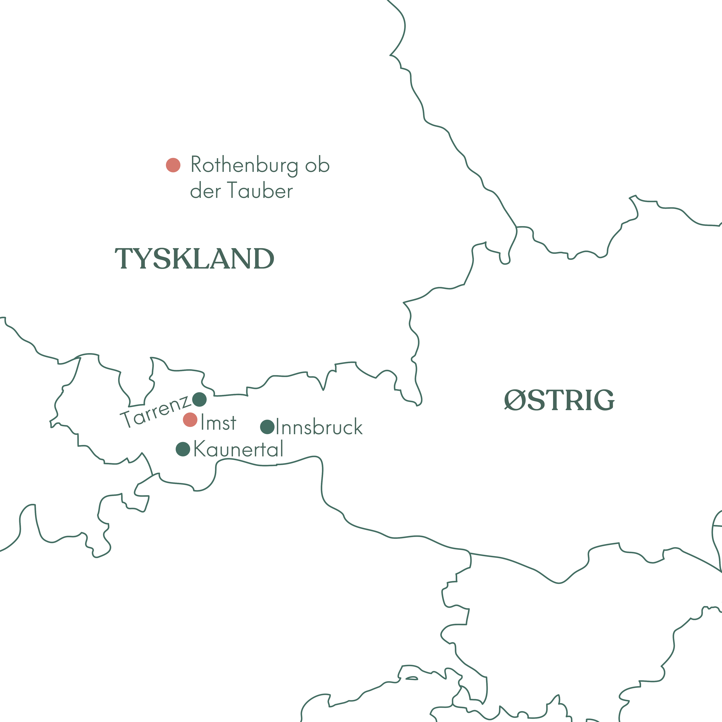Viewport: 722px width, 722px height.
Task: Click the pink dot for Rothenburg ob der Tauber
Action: (173, 165)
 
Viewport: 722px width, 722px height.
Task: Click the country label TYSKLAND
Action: (194, 259)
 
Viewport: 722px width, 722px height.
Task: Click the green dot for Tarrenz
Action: (199, 399)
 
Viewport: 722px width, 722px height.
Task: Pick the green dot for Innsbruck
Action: (267, 427)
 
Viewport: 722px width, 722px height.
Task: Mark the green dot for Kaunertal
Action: (183, 449)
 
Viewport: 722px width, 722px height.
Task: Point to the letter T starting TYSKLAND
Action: (124, 259)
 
